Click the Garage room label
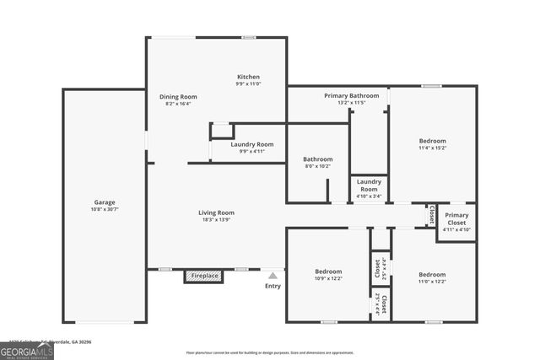pos(105,202)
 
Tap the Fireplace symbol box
pos(204,276)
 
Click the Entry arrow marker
pos(273,274)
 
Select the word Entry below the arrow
pos(273,286)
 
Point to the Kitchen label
pos(248,77)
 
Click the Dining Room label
pos(178,96)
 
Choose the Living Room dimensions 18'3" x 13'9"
pos(217,220)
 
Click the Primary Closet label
pos(456,215)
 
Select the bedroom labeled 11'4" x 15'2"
pos(432,141)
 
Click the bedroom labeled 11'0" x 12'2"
pos(432,274)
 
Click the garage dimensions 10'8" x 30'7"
pos(105,209)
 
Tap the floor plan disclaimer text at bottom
pos(270,352)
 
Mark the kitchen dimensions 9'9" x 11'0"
pos(248,83)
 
